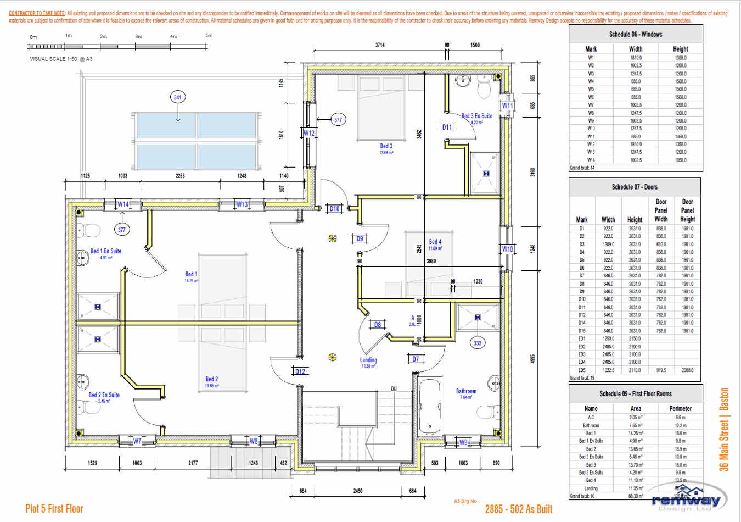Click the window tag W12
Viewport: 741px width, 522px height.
[x=309, y=133]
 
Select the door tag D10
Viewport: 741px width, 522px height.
[x=334, y=208]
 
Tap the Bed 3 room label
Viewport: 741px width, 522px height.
[x=386, y=146]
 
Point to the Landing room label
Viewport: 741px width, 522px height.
[x=368, y=360]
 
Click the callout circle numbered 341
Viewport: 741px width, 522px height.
[x=177, y=97]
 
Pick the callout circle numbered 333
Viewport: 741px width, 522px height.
[x=478, y=343]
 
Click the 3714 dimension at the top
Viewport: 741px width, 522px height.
[x=380, y=45]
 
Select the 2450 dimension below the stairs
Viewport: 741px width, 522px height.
[x=357, y=491]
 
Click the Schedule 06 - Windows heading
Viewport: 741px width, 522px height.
[x=636, y=34]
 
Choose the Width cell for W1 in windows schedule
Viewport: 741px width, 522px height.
[x=636, y=58]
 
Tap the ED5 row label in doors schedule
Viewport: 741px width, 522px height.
[x=582, y=370]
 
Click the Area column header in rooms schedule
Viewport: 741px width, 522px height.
[x=636, y=408]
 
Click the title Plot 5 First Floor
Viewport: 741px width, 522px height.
[x=54, y=509]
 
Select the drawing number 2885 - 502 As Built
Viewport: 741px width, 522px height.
[x=518, y=509]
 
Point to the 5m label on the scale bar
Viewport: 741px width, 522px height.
[x=209, y=36]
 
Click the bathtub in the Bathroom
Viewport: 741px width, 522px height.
[x=430, y=407]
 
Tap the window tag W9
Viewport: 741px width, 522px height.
[x=463, y=442]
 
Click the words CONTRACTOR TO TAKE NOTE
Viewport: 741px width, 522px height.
[x=37, y=13]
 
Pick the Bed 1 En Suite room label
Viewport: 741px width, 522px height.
[x=106, y=251]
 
